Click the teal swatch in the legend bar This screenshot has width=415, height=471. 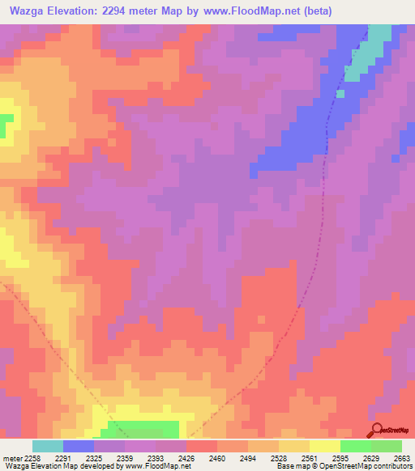pos(48,446)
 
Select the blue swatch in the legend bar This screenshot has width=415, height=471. pos(79,446)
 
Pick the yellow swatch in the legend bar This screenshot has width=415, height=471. pos(325,446)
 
